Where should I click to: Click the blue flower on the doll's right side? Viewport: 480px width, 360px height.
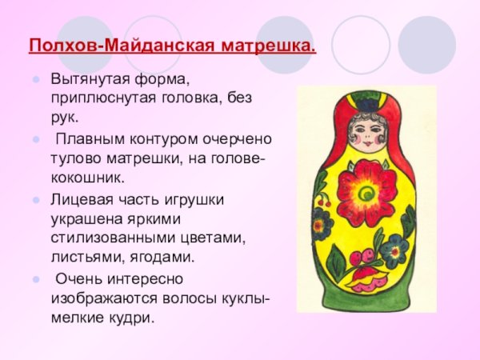click(x=394, y=250)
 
